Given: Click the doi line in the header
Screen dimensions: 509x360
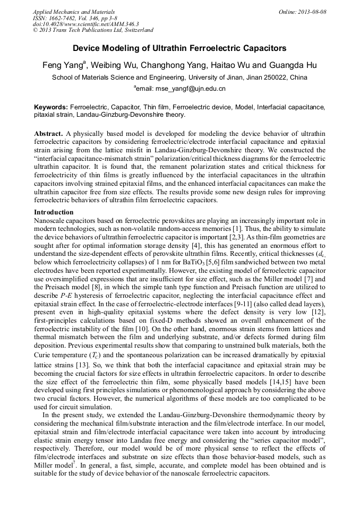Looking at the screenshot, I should (x=85, y=24).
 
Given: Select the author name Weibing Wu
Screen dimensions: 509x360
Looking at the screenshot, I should (x=115, y=66).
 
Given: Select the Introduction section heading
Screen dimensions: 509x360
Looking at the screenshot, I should (x=54, y=212).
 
